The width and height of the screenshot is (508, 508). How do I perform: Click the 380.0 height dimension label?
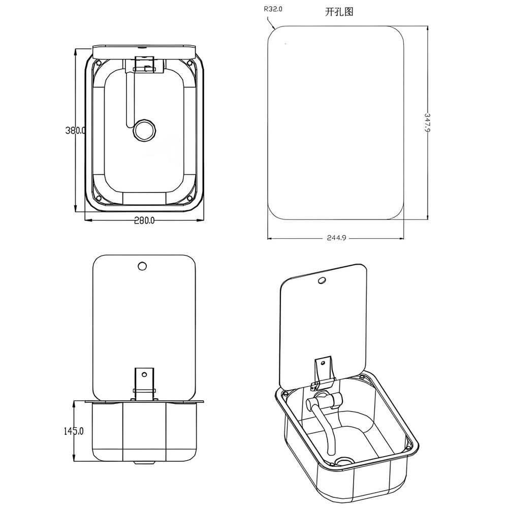pyautogui.click(x=76, y=131)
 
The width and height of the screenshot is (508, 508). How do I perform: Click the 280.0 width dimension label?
pyautogui.click(x=144, y=220)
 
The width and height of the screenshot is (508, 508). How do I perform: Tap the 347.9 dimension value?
pyautogui.click(x=427, y=122)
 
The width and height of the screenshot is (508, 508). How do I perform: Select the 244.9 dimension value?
pyautogui.click(x=336, y=238)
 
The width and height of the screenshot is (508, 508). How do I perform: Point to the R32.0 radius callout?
pyautogui.click(x=273, y=9)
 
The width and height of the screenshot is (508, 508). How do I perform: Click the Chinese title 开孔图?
pyautogui.click(x=339, y=12)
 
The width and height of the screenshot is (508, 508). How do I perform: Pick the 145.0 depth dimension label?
pyautogui.click(x=73, y=431)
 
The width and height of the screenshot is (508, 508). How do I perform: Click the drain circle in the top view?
pyautogui.click(x=144, y=130)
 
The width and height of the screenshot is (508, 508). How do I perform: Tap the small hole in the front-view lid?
pyautogui.click(x=142, y=266)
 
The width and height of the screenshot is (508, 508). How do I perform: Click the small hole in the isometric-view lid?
pyautogui.click(x=322, y=280)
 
